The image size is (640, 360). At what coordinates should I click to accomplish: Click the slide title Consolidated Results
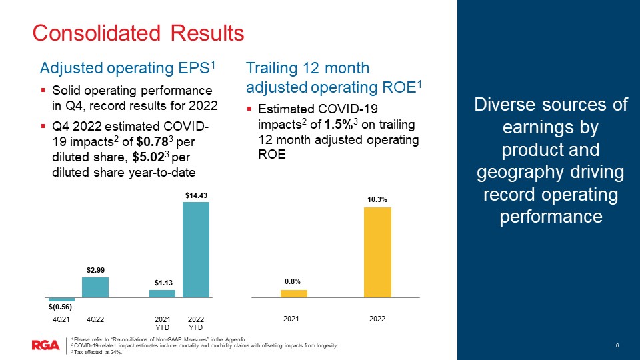tap(139, 32)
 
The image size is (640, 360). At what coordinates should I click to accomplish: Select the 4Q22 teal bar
tap(95, 287)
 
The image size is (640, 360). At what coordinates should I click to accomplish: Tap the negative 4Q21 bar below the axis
tap(61, 299)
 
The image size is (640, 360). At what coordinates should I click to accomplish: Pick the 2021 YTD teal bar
tap(162, 293)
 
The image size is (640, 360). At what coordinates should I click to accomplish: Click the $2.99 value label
tap(95, 270)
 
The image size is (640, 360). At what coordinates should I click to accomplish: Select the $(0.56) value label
tap(61, 307)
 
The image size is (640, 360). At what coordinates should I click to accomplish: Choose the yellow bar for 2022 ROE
tap(377, 251)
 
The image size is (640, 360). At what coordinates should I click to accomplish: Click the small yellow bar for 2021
tap(293, 293)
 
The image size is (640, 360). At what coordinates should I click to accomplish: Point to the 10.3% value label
tap(377, 199)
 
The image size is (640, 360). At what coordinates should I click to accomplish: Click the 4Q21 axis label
tap(61, 320)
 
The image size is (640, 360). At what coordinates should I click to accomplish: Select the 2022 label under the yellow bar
tap(377, 320)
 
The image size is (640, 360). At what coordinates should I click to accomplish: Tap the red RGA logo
tap(45, 345)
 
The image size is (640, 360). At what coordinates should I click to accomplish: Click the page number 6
tap(617, 345)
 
